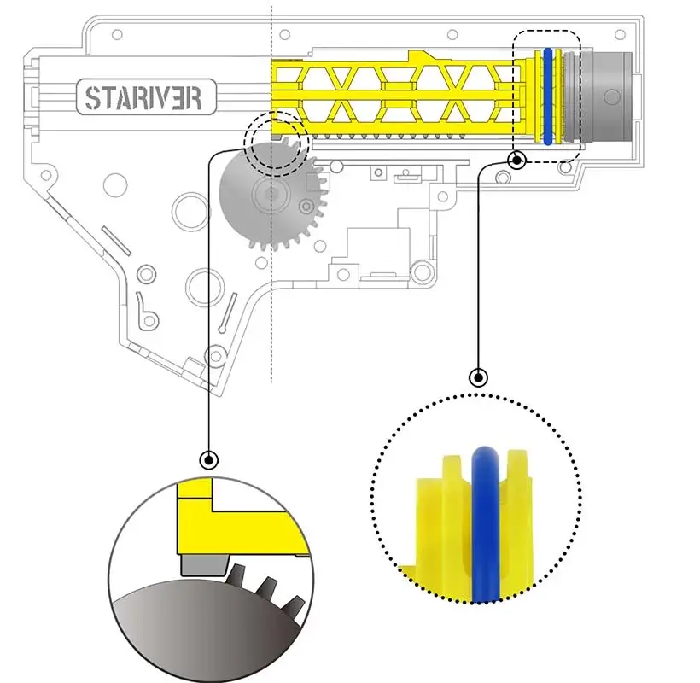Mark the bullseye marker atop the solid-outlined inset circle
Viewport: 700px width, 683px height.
tap(207, 459)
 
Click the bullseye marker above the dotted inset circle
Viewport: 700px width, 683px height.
tap(478, 377)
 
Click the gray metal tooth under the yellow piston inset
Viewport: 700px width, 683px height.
tap(203, 564)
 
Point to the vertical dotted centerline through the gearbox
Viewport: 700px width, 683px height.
tap(271, 324)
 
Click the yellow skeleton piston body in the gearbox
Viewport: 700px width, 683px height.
tap(393, 94)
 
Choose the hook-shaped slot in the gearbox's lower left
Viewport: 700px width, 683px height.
tap(149, 311)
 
